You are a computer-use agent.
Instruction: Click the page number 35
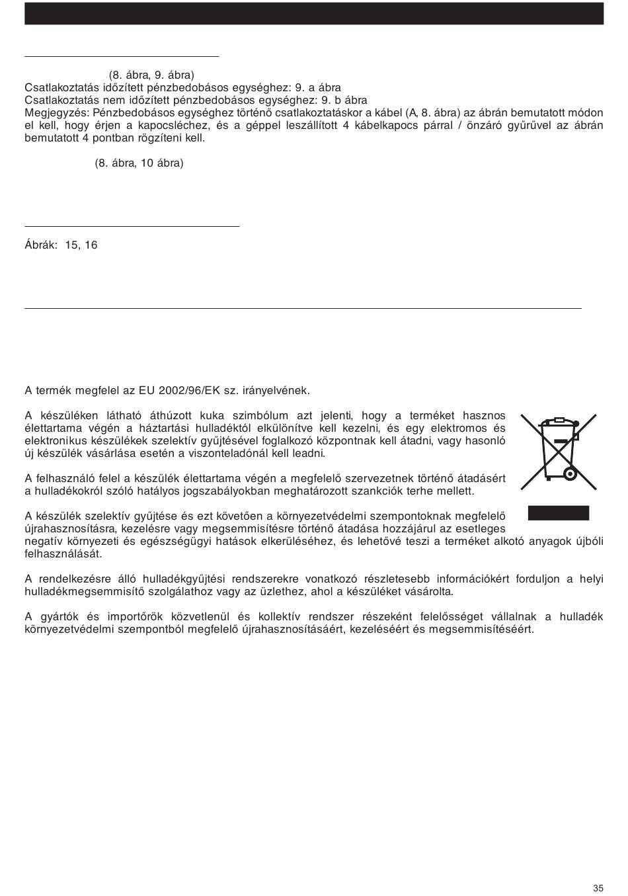(x=598, y=869)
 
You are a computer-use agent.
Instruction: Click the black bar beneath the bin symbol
(x=558, y=513)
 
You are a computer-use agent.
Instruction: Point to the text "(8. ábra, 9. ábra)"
(x=151, y=75)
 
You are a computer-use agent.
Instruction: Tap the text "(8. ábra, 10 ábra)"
(x=139, y=163)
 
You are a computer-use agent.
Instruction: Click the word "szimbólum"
(x=257, y=416)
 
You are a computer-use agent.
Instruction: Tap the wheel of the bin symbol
(x=568, y=473)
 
